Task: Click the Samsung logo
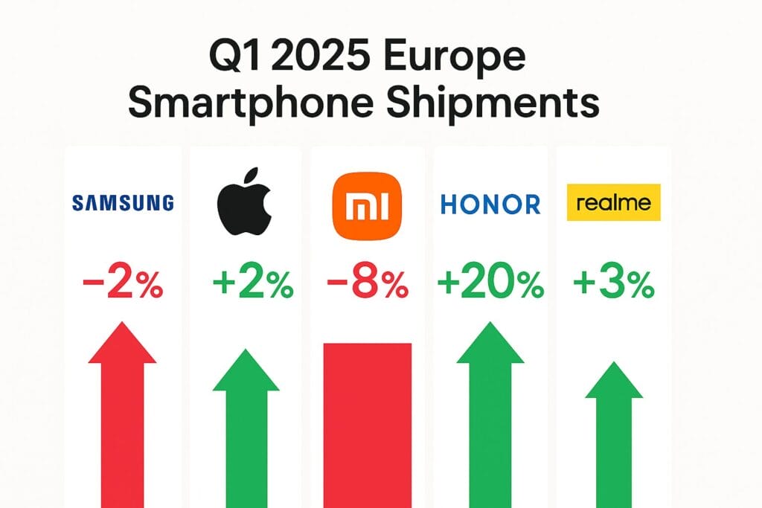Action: point(123,202)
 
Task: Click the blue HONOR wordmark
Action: point(490,204)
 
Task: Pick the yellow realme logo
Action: point(614,202)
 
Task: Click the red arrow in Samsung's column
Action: point(123,417)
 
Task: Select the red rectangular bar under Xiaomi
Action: point(367,424)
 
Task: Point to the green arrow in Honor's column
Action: point(490,417)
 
